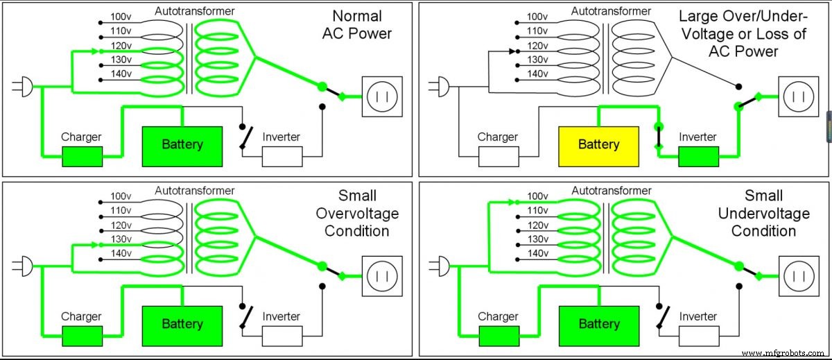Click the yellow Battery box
click(x=598, y=145)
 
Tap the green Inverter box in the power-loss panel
click(x=697, y=157)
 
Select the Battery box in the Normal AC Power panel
click(x=182, y=145)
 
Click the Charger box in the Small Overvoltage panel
click(x=82, y=336)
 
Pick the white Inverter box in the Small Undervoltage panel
click(x=697, y=336)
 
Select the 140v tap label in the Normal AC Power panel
click(x=121, y=73)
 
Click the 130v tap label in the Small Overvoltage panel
click(x=121, y=239)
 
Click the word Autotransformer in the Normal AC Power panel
click(x=195, y=11)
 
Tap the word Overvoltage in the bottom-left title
click(x=357, y=213)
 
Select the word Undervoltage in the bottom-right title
click(x=763, y=213)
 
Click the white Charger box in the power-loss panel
click(x=498, y=157)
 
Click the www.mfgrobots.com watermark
click(x=783, y=353)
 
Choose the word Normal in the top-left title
click(x=357, y=16)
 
